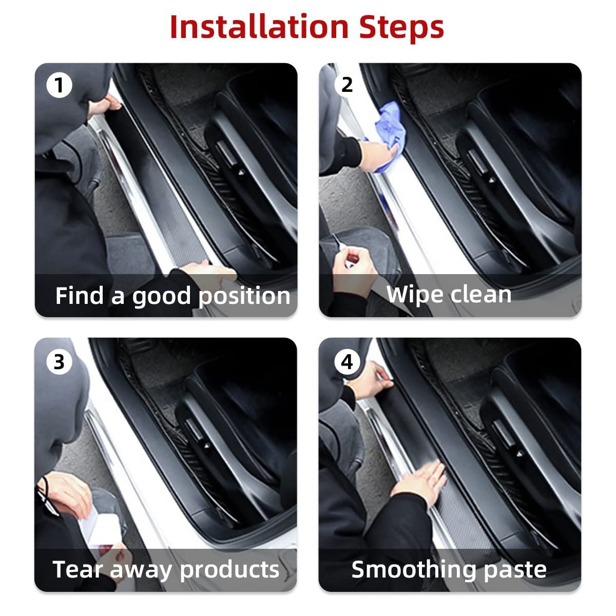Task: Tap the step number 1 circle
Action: pyautogui.click(x=60, y=85)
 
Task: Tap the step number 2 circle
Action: pyautogui.click(x=347, y=85)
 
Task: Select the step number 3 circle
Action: pyautogui.click(x=60, y=362)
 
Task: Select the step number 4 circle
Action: pyautogui.click(x=347, y=362)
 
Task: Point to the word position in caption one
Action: pyautogui.click(x=244, y=296)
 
